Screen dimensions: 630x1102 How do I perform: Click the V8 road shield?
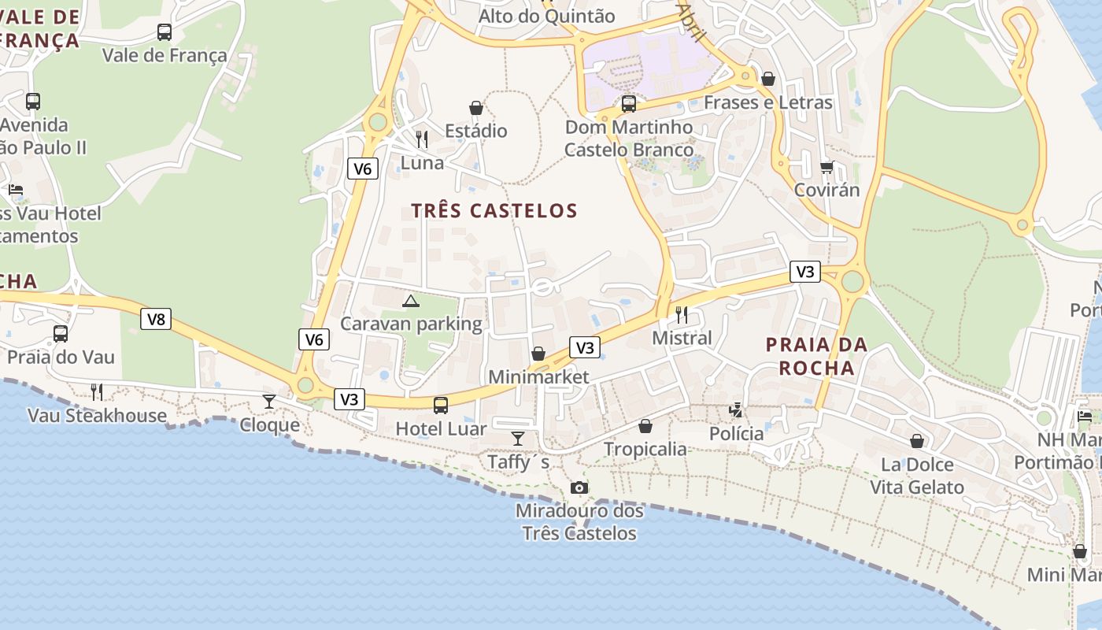coord(156,319)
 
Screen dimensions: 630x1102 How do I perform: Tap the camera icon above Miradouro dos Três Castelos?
coord(579,487)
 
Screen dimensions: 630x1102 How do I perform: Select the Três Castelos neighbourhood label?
coord(494,210)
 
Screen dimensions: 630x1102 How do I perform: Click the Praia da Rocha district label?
coord(816,356)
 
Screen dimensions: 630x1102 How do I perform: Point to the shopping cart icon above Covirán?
coord(826,167)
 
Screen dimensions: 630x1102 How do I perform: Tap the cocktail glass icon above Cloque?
coord(269,402)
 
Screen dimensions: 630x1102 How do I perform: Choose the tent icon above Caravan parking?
coord(410,301)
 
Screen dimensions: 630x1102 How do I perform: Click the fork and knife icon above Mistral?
coord(682,315)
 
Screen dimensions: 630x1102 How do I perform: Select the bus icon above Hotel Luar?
coord(441,405)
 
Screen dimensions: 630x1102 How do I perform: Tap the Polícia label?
coord(736,433)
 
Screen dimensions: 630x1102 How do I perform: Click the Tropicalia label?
coord(645,449)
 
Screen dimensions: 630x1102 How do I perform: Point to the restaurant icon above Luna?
coord(422,139)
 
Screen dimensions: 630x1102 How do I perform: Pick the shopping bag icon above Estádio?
coord(475,108)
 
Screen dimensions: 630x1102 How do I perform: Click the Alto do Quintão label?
coord(546,16)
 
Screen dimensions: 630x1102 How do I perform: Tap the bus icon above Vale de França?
coord(164,32)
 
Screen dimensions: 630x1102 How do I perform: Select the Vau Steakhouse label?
coord(97,415)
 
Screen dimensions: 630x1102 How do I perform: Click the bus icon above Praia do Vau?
coord(61,334)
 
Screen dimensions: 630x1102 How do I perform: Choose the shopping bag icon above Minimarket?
coord(538,354)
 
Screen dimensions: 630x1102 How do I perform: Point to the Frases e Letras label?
coord(767,102)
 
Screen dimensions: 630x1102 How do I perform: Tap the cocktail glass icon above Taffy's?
coord(518,438)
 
